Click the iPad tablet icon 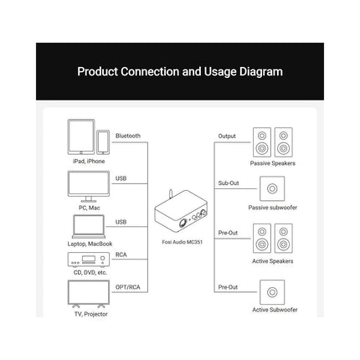tap(81, 136)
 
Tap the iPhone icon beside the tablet tap(103, 142)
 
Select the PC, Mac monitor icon tap(89, 187)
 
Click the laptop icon tap(89, 227)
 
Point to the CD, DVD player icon tap(89, 260)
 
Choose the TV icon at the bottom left tap(89, 294)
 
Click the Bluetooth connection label tap(128, 136)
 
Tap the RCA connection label tap(121, 255)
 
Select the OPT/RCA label tap(128, 287)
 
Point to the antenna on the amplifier tap(171, 194)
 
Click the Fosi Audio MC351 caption tap(183, 242)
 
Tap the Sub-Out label tap(229, 183)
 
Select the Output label tap(227, 136)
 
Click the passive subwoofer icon tap(272, 188)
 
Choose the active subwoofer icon tap(272, 292)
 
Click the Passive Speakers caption tap(273, 163)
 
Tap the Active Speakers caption tap(273, 261)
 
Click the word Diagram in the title tap(261, 72)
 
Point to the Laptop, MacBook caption tap(90, 244)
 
